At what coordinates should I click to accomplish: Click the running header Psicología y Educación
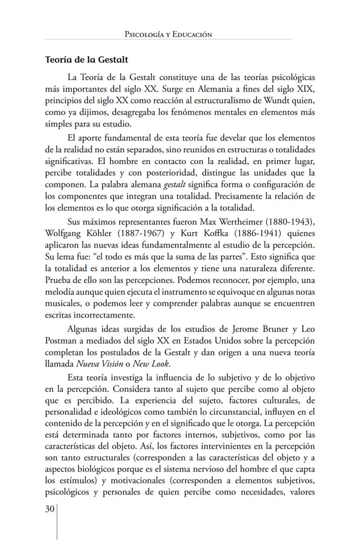(168, 34)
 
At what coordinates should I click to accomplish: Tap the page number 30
(50, 509)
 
